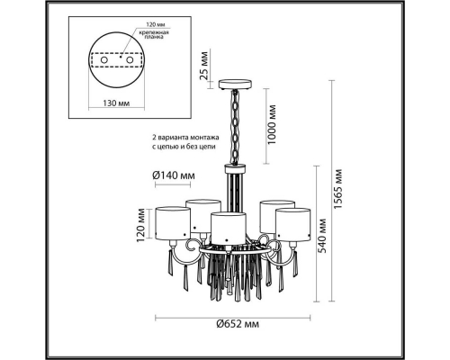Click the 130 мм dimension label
[x=116, y=103]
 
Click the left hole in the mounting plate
[x=104, y=60]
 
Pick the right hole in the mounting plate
[x=130, y=60]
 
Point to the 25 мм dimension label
[x=204, y=66]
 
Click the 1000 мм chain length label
[x=271, y=124]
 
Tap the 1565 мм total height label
[x=338, y=190]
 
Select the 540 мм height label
[x=322, y=236]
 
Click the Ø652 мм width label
[x=238, y=324]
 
